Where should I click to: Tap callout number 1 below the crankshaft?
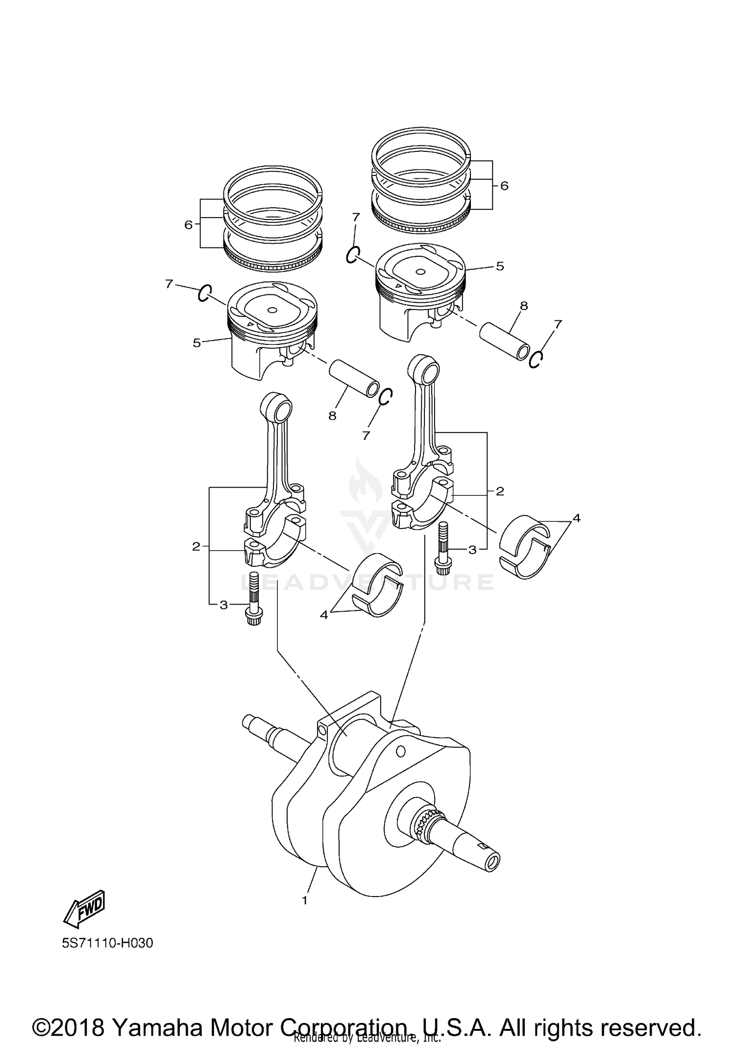point(305,900)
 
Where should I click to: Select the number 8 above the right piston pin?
point(524,306)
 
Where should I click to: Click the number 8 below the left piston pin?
point(332,416)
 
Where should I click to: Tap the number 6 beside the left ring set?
point(188,225)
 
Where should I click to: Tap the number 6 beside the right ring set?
point(504,186)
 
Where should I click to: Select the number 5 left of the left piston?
point(196,343)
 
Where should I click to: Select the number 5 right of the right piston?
point(500,266)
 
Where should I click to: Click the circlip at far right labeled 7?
point(536,359)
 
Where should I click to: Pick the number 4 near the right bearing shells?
point(577,518)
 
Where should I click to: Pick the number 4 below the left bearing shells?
point(323,614)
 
